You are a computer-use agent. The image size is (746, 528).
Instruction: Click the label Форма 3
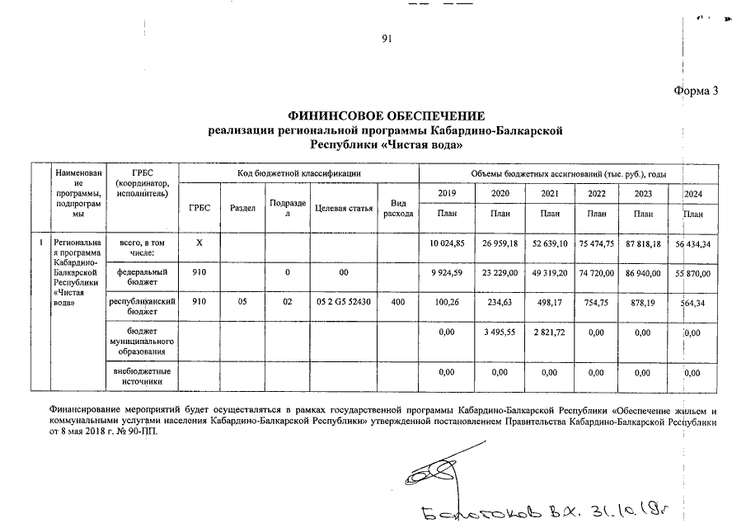pyautogui.click(x=696, y=91)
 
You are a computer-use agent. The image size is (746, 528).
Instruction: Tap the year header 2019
pyautogui.click(x=447, y=193)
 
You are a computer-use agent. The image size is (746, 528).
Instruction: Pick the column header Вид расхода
pyautogui.click(x=398, y=208)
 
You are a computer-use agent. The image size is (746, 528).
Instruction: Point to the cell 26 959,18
pyautogui.click(x=500, y=243)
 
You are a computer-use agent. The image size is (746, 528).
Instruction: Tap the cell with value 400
pyautogui.click(x=398, y=302)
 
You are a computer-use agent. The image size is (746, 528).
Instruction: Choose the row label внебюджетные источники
pyautogui.click(x=144, y=377)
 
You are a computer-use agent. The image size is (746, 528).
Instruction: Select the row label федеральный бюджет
pyautogui.click(x=144, y=276)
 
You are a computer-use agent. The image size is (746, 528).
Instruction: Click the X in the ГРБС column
pyautogui.click(x=199, y=243)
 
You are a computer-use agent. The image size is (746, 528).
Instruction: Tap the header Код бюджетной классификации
pyautogui.click(x=298, y=172)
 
